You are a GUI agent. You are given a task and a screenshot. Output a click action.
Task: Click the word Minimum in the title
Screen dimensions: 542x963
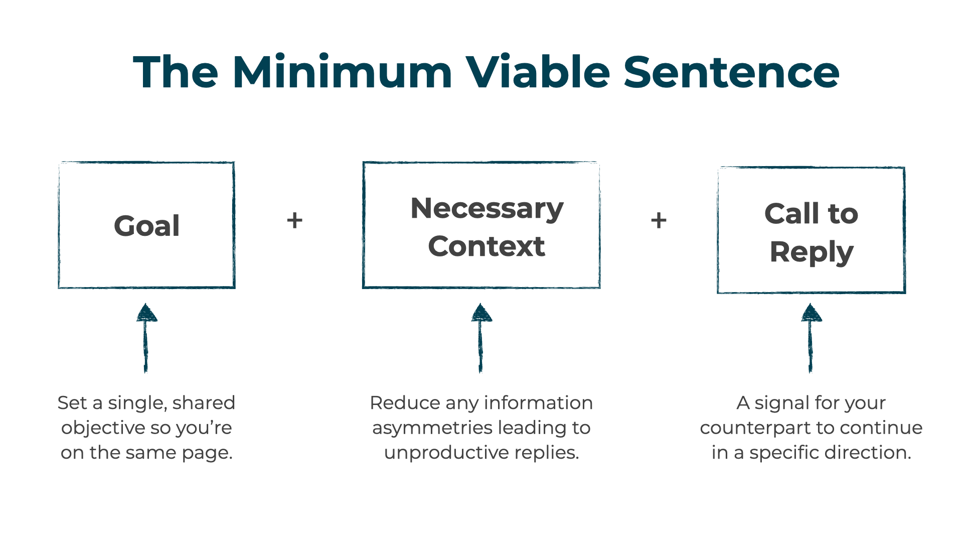coord(342,73)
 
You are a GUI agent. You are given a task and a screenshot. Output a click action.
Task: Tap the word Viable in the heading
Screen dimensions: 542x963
coord(538,73)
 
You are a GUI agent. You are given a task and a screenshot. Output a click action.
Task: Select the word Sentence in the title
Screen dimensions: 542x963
coord(731,73)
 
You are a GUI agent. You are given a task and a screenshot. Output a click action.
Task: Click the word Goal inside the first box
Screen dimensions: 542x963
coord(146,226)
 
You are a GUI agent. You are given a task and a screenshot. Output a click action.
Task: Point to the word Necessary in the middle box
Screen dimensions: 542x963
coord(487,208)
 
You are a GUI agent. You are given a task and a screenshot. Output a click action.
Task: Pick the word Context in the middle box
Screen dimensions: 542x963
coord(486,246)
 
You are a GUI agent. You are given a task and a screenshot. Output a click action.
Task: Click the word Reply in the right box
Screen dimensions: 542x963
coord(811,252)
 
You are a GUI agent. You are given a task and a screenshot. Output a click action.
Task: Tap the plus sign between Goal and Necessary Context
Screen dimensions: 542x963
coord(295,220)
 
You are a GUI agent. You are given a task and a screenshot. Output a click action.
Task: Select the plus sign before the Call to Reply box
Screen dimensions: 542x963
coord(659,220)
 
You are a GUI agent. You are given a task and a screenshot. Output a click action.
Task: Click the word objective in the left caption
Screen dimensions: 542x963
coord(103,428)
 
